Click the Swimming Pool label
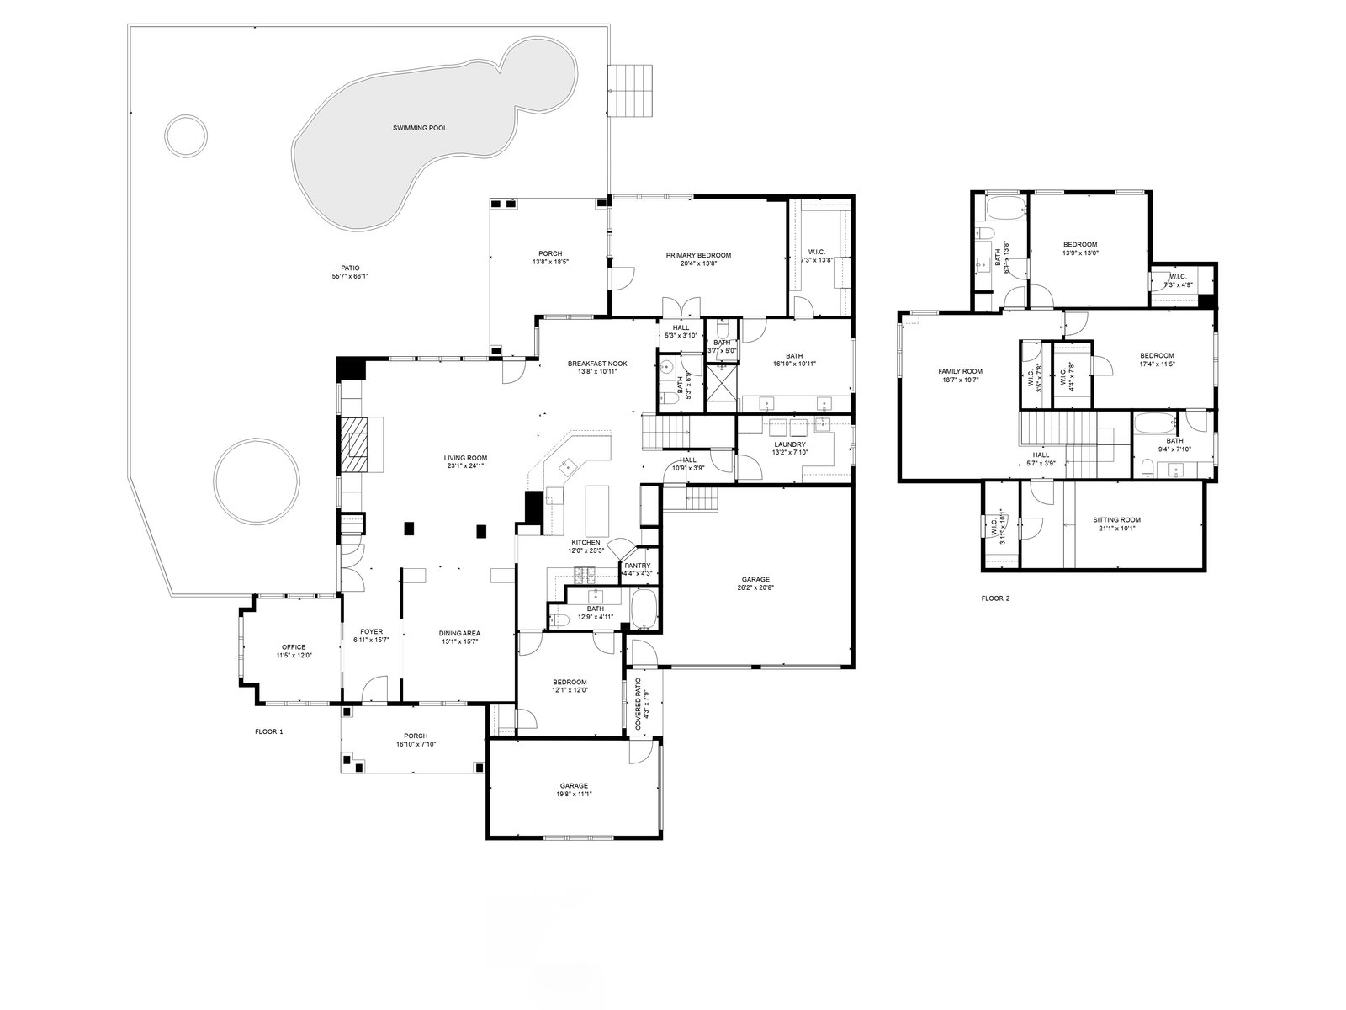click(420, 128)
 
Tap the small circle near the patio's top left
click(185, 134)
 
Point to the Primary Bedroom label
click(698, 255)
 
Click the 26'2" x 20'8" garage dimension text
click(756, 588)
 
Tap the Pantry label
click(637, 566)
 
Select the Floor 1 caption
click(269, 731)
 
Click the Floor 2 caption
click(994, 599)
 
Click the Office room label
click(294, 647)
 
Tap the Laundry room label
click(789, 444)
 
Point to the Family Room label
click(960, 371)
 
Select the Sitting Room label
click(1116, 520)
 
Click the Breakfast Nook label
click(597, 364)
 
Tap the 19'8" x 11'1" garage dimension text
click(574, 794)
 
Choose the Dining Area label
click(459, 633)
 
